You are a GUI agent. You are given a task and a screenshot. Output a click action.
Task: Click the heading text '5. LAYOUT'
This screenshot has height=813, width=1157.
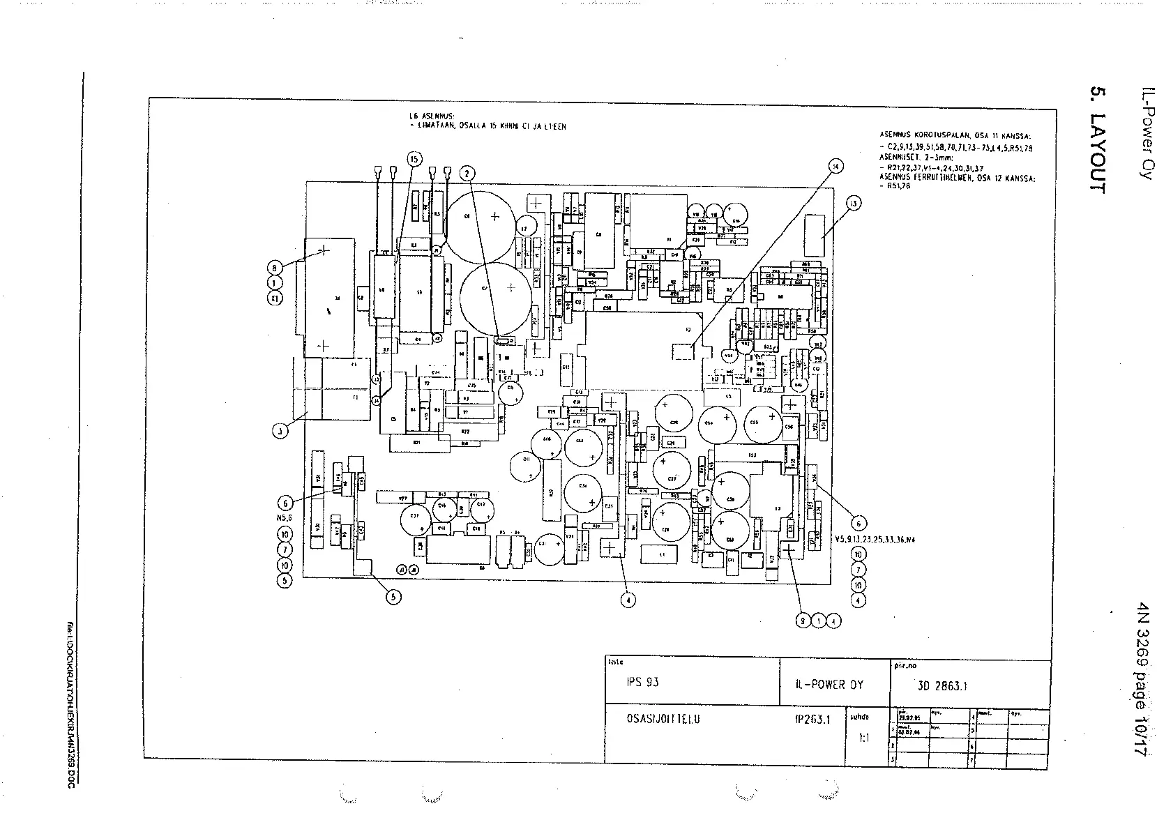pyautogui.click(x=1097, y=140)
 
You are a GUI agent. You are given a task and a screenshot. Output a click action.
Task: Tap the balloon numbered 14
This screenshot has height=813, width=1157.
pyautogui.click(x=835, y=166)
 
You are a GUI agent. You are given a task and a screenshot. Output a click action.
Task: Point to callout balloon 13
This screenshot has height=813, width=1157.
pyautogui.click(x=853, y=204)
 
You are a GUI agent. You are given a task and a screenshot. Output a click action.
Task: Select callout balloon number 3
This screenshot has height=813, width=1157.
pyautogui.click(x=280, y=431)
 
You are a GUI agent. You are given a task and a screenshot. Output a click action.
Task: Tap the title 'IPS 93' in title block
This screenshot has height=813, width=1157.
pyautogui.click(x=642, y=683)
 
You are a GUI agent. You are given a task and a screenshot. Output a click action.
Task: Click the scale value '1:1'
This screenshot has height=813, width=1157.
pyautogui.click(x=865, y=736)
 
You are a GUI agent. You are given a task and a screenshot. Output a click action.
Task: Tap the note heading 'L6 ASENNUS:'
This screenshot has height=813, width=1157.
pyautogui.click(x=432, y=117)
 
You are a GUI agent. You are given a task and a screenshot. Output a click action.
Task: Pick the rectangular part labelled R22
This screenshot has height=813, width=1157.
pyautogui.click(x=465, y=432)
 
